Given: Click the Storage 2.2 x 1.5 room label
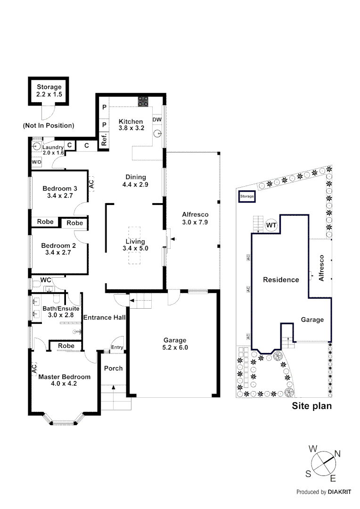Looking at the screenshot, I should (49, 91).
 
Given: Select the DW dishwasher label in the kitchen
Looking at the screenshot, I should (157, 120).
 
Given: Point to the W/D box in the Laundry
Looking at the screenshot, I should (37, 162).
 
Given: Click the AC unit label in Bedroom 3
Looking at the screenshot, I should (91, 183).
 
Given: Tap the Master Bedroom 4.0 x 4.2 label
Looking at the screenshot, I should (64, 380).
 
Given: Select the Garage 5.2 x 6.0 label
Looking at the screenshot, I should (175, 344).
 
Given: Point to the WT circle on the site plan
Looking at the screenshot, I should (271, 226).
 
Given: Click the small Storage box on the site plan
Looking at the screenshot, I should (247, 196).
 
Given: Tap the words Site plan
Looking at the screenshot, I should (312, 406).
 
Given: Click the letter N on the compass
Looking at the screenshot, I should (337, 454).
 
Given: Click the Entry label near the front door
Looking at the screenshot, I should (117, 348).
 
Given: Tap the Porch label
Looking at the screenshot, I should (113, 368).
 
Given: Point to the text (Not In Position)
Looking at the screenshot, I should (49, 125).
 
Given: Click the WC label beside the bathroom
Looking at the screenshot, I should (46, 280).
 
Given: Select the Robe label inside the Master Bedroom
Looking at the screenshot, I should (66, 346).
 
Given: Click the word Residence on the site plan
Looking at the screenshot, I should (281, 279).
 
